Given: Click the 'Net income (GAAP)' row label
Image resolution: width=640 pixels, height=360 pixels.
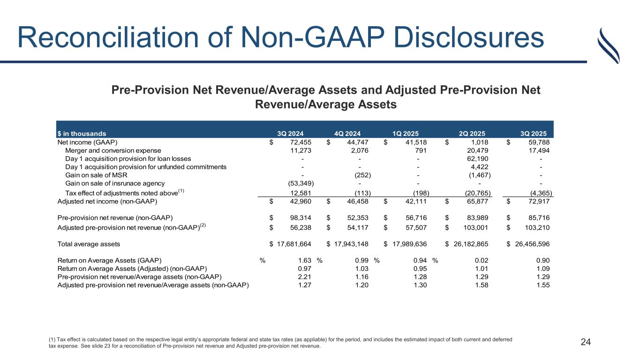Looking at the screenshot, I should [x=87, y=142].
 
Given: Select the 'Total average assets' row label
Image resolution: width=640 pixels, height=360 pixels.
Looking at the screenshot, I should [x=89, y=244].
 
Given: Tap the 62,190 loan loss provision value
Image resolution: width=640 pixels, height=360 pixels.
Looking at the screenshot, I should [x=477, y=159].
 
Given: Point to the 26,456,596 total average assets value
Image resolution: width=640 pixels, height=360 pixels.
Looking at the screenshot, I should [x=527, y=244].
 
